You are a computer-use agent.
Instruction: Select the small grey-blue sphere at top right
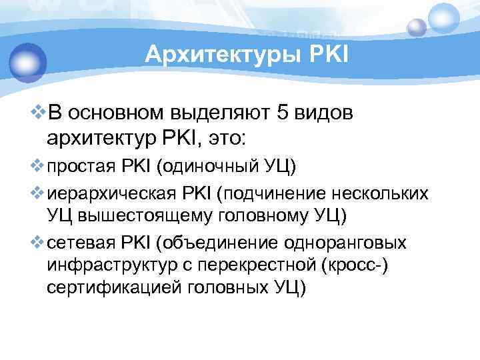(417, 27)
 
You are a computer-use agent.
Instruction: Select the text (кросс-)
(361, 265)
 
